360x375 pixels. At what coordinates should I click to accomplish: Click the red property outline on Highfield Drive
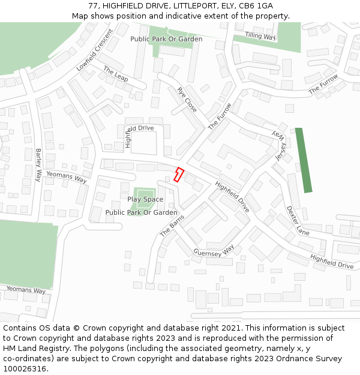pos(178,175)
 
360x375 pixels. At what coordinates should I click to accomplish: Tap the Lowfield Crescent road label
pos(94,50)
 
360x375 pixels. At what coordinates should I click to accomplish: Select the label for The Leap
pos(116,75)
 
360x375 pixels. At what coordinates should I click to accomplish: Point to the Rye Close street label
pos(187,99)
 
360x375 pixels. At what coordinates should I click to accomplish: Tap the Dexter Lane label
pos(298,221)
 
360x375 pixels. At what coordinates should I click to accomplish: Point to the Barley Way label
pos(38,165)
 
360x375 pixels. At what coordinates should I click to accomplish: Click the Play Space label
pos(145,199)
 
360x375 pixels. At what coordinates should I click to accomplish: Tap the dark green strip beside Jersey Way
pos(304,160)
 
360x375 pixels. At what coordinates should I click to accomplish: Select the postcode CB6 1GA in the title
pos(256,6)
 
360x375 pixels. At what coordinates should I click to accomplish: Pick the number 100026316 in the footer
pos(25,369)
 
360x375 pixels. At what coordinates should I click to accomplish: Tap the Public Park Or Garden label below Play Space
pos(141,212)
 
